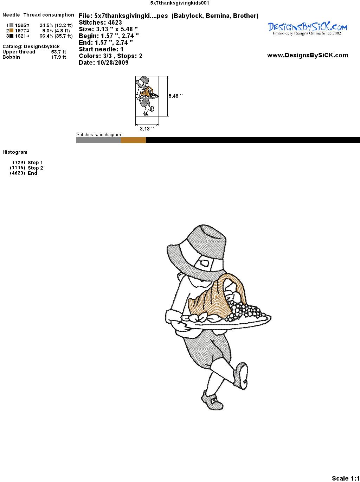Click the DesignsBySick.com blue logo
(307, 28)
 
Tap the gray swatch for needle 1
(11, 25)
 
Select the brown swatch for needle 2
(11, 31)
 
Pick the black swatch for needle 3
(11, 36)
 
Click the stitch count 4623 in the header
(115, 23)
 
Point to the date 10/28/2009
(113, 63)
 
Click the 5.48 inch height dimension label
(175, 96)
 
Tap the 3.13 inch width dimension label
(147, 129)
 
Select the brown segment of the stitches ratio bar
(133, 140)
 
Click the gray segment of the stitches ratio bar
(98, 140)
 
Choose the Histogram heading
(15, 152)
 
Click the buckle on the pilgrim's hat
(205, 262)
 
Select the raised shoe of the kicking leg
(241, 376)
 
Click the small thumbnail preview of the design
(147, 96)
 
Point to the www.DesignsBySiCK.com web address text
(308, 55)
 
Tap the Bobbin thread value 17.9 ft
(59, 57)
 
